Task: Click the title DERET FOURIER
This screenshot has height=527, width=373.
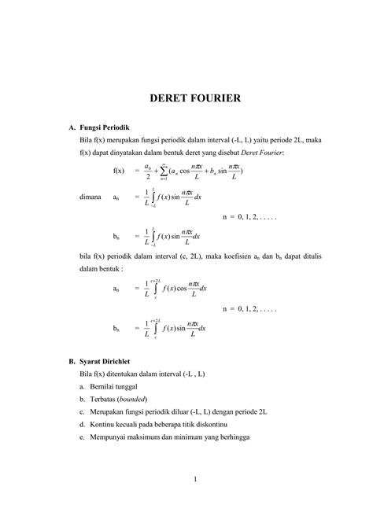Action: [186, 100]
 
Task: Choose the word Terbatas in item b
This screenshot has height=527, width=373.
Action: [108, 400]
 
